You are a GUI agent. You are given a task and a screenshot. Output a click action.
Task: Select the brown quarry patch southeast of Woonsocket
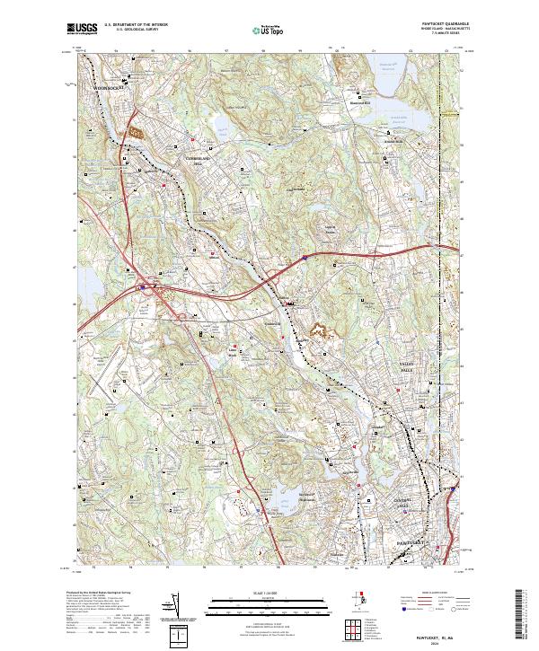[137, 132]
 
